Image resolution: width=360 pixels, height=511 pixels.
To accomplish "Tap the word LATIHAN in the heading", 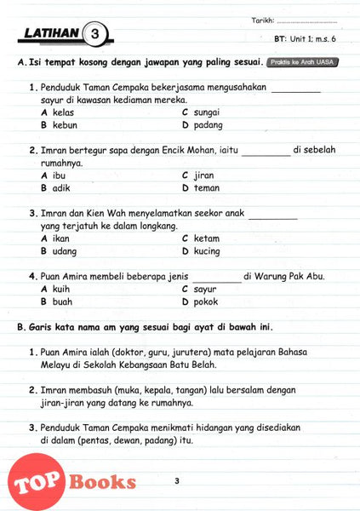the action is point(49,34).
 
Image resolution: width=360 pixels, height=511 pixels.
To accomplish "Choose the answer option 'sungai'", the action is point(207,112).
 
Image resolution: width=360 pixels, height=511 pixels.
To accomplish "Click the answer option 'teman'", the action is point(206,188).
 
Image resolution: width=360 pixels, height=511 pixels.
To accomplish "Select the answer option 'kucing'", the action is point(208,251).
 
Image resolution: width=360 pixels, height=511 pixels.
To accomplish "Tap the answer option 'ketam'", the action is point(207,238).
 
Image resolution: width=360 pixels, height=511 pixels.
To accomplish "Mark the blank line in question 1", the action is point(296,89).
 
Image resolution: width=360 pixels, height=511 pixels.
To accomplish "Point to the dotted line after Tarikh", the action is point(307,20).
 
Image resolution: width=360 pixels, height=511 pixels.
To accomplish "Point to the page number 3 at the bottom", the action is point(176,482).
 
